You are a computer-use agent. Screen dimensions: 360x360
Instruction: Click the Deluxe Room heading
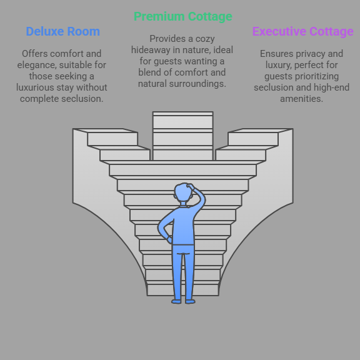(63, 31)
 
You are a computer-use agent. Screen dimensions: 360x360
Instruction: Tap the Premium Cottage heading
(183, 16)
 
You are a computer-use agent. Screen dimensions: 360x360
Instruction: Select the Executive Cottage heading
(303, 31)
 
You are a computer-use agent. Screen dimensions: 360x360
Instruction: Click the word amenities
(302, 99)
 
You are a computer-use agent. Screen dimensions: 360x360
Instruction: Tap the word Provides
(168, 39)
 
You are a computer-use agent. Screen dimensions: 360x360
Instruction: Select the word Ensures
(277, 54)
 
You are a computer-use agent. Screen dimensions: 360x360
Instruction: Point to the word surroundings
(197, 84)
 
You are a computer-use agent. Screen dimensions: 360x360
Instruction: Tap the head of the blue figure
(183, 192)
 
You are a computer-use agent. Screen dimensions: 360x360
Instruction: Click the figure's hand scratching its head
(190, 186)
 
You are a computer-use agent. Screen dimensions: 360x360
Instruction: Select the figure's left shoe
(176, 301)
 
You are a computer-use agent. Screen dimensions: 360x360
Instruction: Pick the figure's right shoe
(190, 301)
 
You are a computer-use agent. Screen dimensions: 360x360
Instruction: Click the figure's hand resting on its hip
(169, 239)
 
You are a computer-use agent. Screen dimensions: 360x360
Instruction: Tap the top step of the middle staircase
(183, 114)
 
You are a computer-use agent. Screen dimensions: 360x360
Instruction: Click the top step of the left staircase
(106, 131)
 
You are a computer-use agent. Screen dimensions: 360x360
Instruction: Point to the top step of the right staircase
(261, 131)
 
